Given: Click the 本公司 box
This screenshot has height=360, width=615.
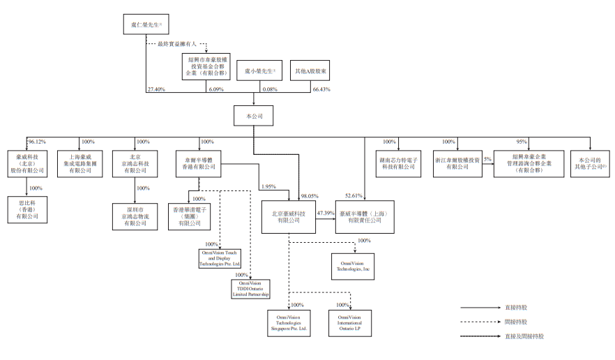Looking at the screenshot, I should pyautogui.click(x=253, y=115).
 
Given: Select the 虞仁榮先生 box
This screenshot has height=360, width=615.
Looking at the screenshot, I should pyautogui.click(x=146, y=27).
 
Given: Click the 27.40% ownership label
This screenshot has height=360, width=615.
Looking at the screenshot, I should pyautogui.click(x=156, y=90).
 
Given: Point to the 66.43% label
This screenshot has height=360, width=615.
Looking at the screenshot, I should pyautogui.click(x=321, y=90).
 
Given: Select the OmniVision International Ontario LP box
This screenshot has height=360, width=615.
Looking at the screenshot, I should pyautogui.click(x=350, y=323).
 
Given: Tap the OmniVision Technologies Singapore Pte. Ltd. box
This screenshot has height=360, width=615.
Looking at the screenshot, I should pyautogui.click(x=288, y=323).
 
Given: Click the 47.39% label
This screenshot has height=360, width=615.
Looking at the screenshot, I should pyautogui.click(x=326, y=212).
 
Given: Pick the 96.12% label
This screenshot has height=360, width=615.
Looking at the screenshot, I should pyautogui.click(x=36, y=142).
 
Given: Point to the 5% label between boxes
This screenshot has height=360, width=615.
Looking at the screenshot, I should pyautogui.click(x=487, y=159).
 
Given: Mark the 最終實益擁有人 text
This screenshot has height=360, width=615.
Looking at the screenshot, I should pyautogui.click(x=179, y=43).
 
